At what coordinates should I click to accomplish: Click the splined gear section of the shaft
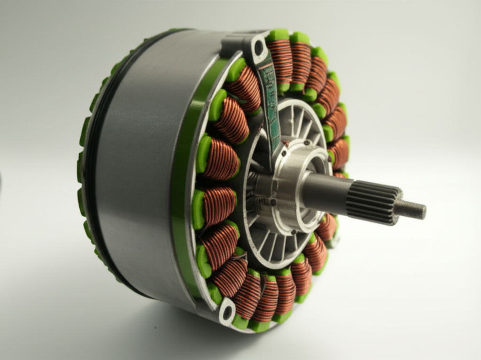[x=373, y=203]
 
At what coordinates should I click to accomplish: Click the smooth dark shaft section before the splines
[x=324, y=190]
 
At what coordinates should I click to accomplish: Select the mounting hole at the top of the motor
[x=258, y=47]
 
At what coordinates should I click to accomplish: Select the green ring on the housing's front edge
[x=181, y=188]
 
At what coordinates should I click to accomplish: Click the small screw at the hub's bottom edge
[x=294, y=232]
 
